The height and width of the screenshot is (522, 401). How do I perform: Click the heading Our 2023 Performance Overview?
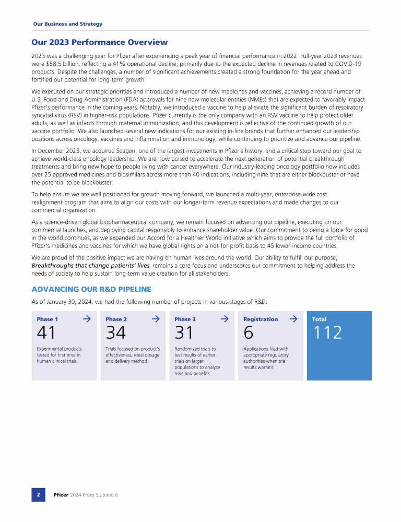pos(100,42)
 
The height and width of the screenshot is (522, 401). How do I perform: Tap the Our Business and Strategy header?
pos(67,24)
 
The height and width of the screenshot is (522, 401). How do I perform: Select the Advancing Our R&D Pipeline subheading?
pos(91,289)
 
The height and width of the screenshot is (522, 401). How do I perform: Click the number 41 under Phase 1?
pos(46,333)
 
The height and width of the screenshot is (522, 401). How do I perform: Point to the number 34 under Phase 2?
pos(115,333)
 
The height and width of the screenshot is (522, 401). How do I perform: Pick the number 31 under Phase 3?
pos(184,333)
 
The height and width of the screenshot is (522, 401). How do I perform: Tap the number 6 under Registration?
pos(248,333)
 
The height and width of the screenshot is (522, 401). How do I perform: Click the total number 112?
pos(327,333)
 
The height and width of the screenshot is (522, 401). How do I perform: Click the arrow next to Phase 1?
pos(87,318)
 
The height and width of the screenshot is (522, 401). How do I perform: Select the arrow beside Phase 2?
pos(156,318)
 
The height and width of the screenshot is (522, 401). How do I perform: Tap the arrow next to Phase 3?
pos(225,318)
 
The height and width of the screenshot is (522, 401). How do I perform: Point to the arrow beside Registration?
pos(293,318)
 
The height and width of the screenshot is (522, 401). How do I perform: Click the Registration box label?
pos(261,319)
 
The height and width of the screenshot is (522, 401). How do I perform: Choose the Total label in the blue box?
pos(319,319)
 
